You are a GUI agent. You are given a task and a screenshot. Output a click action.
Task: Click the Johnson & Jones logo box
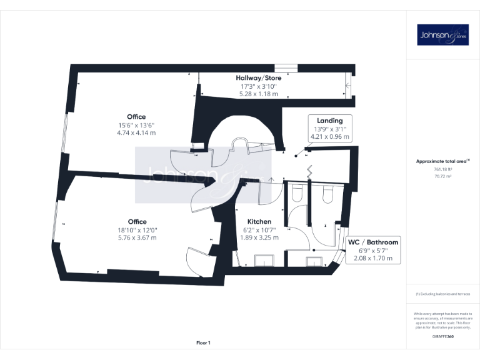coord(442,34)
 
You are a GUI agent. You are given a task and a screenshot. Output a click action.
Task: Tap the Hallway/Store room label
coord(258,78)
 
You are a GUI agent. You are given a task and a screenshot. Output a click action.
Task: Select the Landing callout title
coord(329,120)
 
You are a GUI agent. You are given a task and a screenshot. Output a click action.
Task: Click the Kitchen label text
coord(259,222)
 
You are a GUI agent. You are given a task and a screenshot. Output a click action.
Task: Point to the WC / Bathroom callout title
coord(373,242)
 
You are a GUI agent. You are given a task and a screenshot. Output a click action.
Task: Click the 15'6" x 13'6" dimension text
coord(136,125)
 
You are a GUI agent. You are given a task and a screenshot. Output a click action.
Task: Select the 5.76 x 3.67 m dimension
coord(137,237)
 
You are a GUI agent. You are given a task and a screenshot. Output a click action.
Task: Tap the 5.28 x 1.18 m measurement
coord(258,94)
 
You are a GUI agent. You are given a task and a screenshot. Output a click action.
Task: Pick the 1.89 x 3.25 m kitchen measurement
coord(259,237)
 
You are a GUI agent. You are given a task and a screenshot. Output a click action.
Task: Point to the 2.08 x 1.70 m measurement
coord(373,258)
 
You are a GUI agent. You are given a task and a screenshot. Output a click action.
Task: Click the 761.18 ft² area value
coord(442,169)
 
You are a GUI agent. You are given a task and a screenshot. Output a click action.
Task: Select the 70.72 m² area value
coord(442,176)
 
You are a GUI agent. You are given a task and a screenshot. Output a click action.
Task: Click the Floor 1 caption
coord(203,342)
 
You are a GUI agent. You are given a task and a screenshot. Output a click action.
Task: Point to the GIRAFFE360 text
coord(442,337)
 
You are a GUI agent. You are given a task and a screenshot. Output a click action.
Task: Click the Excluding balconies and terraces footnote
coord(442,294)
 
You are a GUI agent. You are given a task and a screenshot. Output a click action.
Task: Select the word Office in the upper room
coord(136,117)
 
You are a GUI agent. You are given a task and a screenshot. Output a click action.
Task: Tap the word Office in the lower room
coord(137,222)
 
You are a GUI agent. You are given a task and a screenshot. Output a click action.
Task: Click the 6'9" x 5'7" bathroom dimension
coord(373,250)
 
